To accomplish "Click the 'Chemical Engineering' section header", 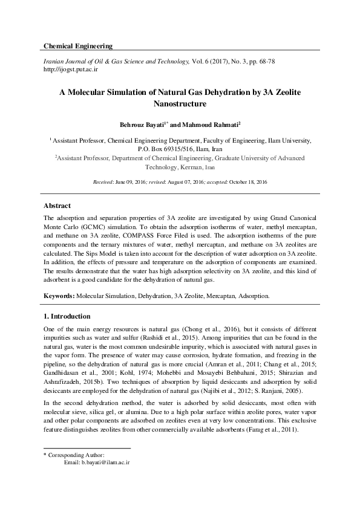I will tap(78, 47).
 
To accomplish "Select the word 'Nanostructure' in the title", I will tap(180, 103).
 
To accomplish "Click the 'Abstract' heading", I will tap(57, 206).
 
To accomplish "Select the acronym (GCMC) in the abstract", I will tap(88, 224).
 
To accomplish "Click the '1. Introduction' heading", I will tap(67, 316).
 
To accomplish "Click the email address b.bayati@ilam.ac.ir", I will tap(97, 462).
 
